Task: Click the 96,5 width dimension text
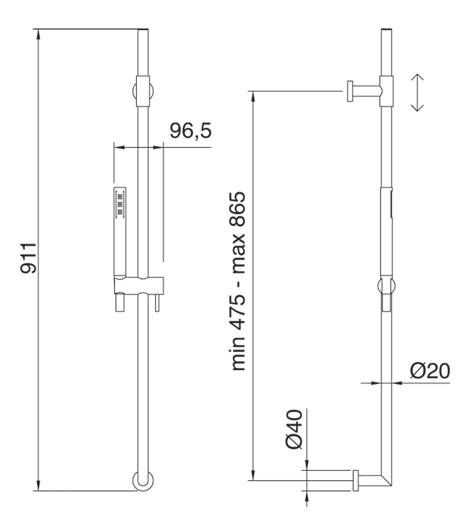[191, 131]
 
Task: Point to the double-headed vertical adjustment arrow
[417, 93]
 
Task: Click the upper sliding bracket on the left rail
[143, 91]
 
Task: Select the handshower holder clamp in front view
[139, 285]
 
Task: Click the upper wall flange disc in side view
[350, 91]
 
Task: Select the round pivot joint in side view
[386, 286]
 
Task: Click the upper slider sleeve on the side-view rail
[386, 91]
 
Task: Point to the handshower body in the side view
[386, 231]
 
